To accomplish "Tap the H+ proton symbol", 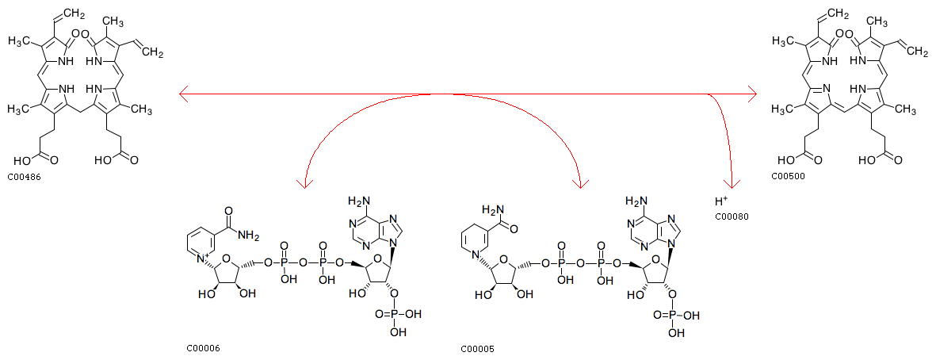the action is click(x=722, y=201).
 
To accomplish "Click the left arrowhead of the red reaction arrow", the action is click(x=185, y=93).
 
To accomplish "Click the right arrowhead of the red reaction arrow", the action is click(x=751, y=93).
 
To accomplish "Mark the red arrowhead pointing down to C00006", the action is click(x=305, y=183).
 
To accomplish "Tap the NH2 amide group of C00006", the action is click(x=250, y=238).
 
